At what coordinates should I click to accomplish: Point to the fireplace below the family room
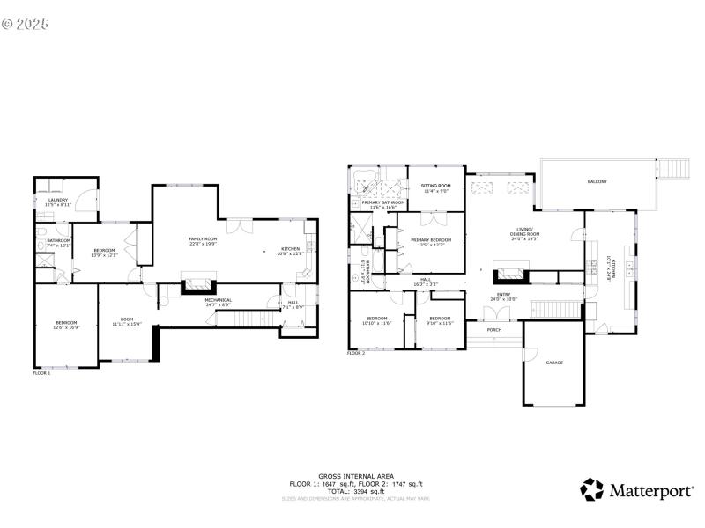pyautogui.click(x=197, y=284)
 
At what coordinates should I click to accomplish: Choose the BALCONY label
pyautogui.click(x=597, y=181)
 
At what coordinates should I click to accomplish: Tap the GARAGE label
pyautogui.click(x=554, y=363)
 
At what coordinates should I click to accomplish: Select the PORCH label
pyautogui.click(x=494, y=331)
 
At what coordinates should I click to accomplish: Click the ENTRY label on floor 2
pyautogui.click(x=503, y=297)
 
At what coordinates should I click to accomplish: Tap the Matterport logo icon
pyautogui.click(x=591, y=489)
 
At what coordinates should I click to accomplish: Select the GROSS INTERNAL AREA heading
pyautogui.click(x=356, y=476)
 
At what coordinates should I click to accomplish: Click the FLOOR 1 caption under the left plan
pyautogui.click(x=42, y=373)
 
